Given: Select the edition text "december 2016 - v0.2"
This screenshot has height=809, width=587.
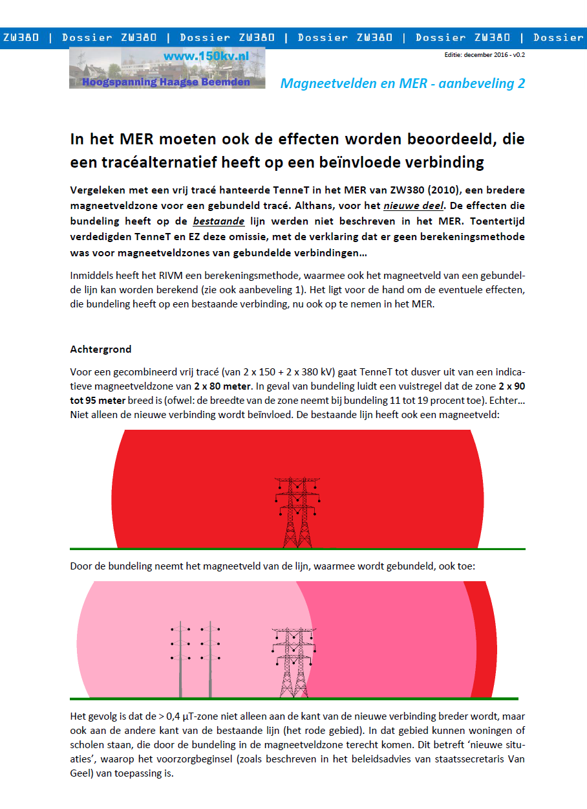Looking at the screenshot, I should pyautogui.click(x=494, y=55).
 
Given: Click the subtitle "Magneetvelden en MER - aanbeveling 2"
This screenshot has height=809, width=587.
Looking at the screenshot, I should pyautogui.click(x=402, y=83).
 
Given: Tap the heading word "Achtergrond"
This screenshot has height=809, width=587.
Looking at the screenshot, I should pyautogui.click(x=100, y=349).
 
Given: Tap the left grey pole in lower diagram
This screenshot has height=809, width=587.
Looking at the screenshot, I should pyautogui.click(x=180, y=660).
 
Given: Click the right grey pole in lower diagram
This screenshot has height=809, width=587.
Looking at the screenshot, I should pyautogui.click(x=210, y=660).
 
